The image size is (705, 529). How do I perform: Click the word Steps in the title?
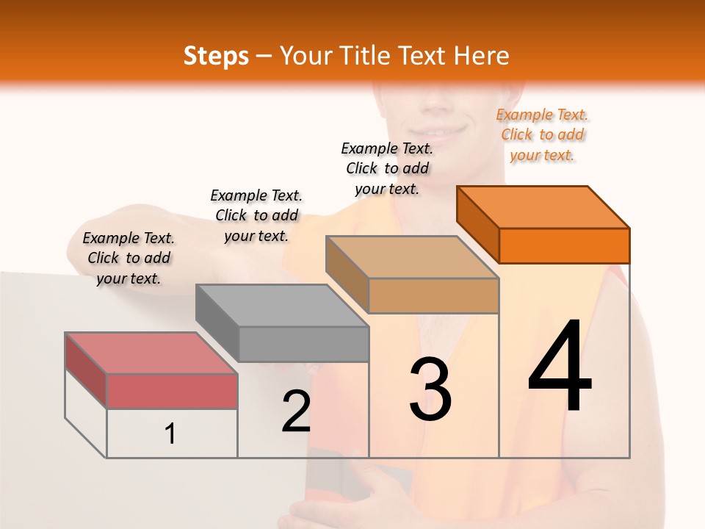[216, 56]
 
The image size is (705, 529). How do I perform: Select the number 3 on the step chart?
[430, 389]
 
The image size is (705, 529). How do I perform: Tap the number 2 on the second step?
[296, 411]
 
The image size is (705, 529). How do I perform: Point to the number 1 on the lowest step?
[170, 434]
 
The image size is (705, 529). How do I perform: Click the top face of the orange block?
[543, 206]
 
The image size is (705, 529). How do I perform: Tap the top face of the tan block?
[412, 257]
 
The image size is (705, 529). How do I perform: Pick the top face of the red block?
[151, 353]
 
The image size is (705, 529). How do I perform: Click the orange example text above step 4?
[542, 135]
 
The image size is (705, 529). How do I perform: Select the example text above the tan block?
[387, 168]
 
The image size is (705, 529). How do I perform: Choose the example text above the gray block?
[256, 215]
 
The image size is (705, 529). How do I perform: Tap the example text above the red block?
[129, 258]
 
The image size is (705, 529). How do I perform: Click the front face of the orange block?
[564, 245]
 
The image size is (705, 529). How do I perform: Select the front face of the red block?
[172, 391]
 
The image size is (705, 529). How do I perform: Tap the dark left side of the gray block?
[217, 323]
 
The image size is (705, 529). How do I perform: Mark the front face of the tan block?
[433, 295]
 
